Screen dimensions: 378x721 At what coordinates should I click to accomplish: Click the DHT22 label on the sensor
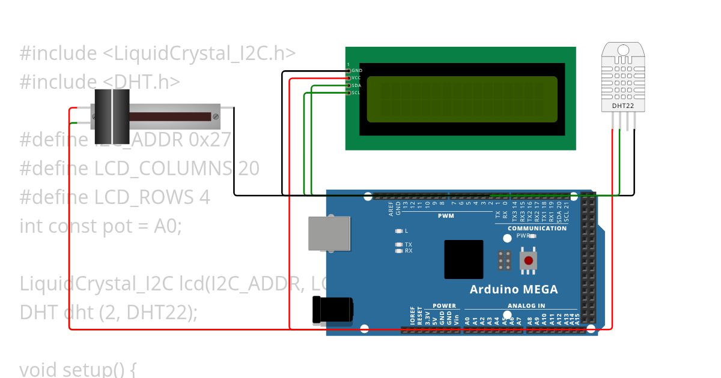tap(623, 106)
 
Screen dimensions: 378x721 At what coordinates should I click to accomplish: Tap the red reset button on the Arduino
tap(528, 260)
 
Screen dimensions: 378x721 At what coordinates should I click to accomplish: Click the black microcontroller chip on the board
tap(464, 259)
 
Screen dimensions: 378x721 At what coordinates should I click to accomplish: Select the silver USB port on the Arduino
tap(329, 233)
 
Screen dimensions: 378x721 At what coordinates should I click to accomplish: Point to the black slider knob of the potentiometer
tap(112, 116)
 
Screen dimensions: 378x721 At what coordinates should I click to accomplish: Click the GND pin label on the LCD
tap(357, 71)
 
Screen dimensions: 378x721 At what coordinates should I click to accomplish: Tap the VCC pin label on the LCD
tap(356, 78)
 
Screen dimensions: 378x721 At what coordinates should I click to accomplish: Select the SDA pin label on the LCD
tap(356, 85)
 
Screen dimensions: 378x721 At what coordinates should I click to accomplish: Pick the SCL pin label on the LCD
tap(356, 92)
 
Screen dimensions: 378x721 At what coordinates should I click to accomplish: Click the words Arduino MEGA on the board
tap(514, 290)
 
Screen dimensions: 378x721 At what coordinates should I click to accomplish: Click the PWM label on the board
tap(446, 215)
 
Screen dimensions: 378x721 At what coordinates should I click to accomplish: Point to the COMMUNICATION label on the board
tap(537, 228)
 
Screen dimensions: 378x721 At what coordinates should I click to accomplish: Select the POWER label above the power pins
tap(444, 306)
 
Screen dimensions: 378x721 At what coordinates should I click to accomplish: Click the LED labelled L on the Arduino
tap(398, 231)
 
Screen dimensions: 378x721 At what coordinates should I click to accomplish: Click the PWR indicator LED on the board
tap(532, 236)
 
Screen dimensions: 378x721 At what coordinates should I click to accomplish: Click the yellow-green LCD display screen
tap(461, 99)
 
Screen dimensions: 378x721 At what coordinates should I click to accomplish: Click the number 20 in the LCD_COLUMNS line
tap(248, 169)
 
